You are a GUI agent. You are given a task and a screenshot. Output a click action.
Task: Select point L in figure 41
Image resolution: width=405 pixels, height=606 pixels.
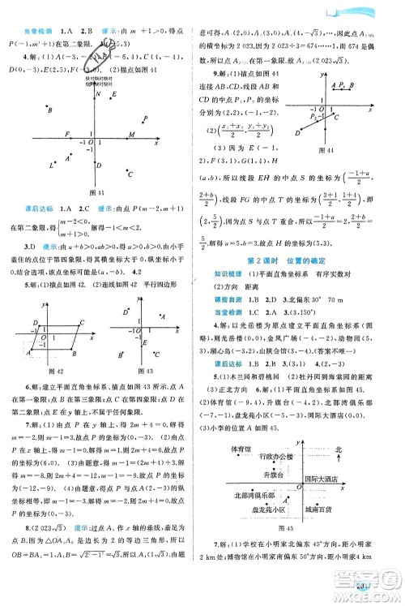click(x=52, y=165)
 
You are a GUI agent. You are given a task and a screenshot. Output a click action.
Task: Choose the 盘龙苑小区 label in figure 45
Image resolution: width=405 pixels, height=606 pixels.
click(x=264, y=510)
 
